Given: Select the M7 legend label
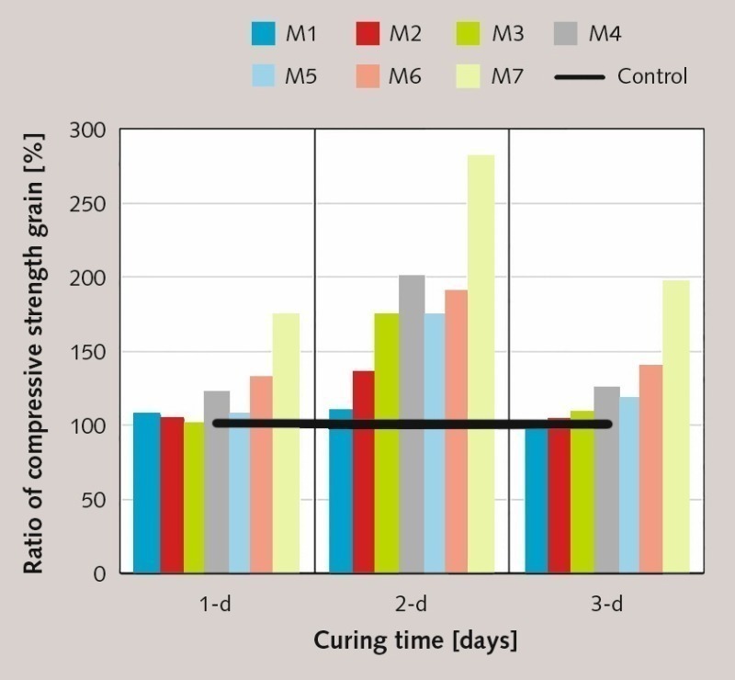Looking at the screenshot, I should tap(506, 76).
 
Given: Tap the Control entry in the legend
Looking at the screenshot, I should tap(651, 76).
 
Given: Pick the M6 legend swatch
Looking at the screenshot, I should tap(368, 76).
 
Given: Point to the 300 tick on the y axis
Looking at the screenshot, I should tap(92, 130).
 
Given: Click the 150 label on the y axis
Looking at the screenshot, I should tap(92, 352).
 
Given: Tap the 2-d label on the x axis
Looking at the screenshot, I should tap(412, 605).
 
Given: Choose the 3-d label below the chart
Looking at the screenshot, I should tap(605, 605).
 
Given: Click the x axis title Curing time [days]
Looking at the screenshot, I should tap(415, 640).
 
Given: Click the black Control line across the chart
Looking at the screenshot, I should tap(413, 424).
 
